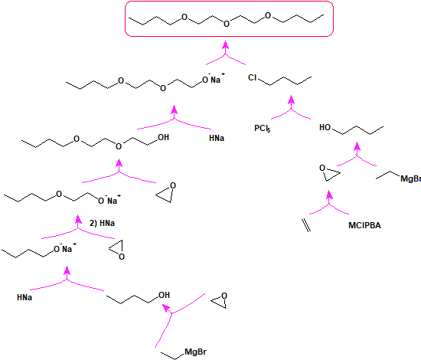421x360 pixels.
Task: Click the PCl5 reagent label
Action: [263, 128]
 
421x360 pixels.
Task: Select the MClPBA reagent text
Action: [364, 225]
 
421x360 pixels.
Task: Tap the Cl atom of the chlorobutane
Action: [253, 77]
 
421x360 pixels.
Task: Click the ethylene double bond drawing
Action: [306, 225]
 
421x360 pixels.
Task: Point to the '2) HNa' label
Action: [102, 223]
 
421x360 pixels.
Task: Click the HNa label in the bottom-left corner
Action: [24, 297]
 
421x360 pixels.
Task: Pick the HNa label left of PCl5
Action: [217, 138]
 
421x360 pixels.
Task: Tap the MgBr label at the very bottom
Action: [196, 352]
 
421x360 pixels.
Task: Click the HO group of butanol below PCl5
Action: [325, 127]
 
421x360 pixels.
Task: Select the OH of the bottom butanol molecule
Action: [164, 295]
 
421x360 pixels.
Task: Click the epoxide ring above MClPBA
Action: [330, 173]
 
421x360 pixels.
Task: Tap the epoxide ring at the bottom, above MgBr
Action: [219, 300]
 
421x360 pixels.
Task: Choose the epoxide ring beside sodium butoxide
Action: [116, 250]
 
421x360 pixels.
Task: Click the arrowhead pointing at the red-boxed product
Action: [226, 45]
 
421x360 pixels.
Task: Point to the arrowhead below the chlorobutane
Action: [292, 100]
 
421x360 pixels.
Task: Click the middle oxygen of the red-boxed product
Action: [227, 24]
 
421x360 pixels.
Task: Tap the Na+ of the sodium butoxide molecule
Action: [69, 248]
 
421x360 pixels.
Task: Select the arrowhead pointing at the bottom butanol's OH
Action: [166, 308]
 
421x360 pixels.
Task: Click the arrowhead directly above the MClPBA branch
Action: [329, 195]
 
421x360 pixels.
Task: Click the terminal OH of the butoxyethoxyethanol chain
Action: [163, 137]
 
